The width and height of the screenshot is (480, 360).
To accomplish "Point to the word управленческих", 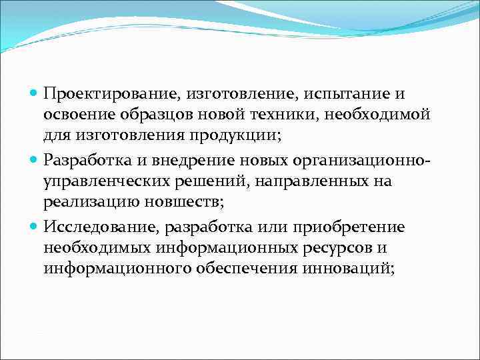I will pyautogui.click(x=106, y=182).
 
